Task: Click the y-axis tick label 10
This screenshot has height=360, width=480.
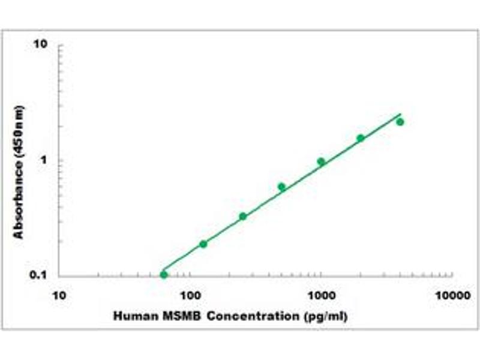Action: point(41,45)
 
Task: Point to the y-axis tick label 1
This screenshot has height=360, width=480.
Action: point(44,161)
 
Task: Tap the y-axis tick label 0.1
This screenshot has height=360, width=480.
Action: point(39,275)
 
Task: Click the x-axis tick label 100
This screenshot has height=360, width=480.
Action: point(190,296)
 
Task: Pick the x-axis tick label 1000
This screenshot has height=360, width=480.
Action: point(321,296)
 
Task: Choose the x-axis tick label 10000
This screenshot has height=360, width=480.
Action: point(452,296)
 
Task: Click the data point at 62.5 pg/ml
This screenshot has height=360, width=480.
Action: point(164,275)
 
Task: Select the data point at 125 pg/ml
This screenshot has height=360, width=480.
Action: point(203,244)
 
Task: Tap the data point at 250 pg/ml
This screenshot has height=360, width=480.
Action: point(243,216)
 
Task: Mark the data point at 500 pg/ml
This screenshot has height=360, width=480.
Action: point(281,187)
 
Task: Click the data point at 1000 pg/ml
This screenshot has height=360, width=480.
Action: point(321,161)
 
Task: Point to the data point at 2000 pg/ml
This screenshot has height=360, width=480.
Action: point(361,138)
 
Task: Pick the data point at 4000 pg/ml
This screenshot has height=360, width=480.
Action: point(400,122)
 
